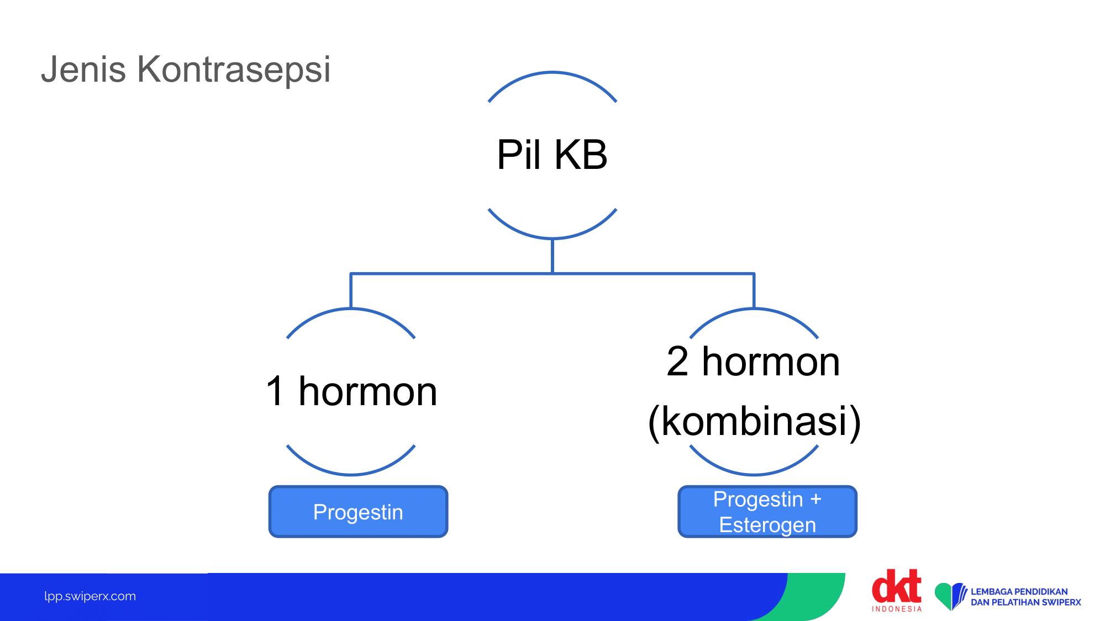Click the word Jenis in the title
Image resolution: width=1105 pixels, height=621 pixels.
[x=83, y=70]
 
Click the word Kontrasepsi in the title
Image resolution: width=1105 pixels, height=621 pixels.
[x=234, y=70]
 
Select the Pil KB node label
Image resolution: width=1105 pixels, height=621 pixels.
[x=552, y=155]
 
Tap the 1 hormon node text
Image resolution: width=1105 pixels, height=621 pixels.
[x=351, y=391]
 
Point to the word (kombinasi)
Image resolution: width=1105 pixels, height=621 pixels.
[x=754, y=422]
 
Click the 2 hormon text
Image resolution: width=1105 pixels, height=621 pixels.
[x=754, y=362]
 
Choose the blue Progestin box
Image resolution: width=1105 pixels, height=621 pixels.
[x=358, y=512]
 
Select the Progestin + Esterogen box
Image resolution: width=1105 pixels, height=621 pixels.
[x=767, y=512]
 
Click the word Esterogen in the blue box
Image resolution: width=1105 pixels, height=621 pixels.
[x=767, y=525]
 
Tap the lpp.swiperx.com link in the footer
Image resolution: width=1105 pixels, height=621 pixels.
[x=90, y=596]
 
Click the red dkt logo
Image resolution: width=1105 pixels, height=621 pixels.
[x=897, y=586]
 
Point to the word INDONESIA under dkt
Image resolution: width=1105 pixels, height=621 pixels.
[x=897, y=609]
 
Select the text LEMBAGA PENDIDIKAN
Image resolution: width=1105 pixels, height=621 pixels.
[x=1019, y=592]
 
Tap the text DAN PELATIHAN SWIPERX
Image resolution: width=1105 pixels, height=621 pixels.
[x=1026, y=602]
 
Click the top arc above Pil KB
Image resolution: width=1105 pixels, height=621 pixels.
[x=552, y=73]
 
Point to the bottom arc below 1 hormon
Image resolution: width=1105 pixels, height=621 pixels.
[x=351, y=474]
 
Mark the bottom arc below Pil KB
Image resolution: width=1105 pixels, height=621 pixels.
[x=552, y=237]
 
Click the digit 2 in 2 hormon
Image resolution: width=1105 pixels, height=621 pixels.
[x=677, y=362]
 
